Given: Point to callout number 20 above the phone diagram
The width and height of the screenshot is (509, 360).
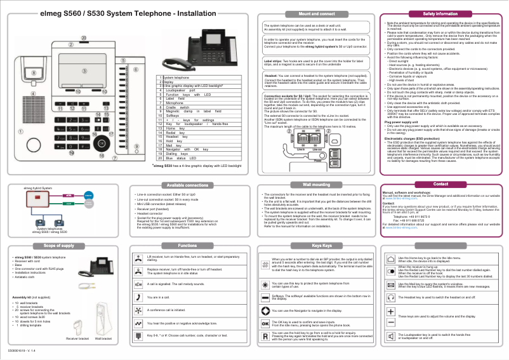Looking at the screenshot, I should pyautogui.click(x=83, y=38).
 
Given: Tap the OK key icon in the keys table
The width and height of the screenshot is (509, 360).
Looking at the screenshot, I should pyautogui.click(x=265, y=323).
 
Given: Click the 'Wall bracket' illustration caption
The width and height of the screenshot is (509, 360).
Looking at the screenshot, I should pyautogui.click(x=103, y=339).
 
